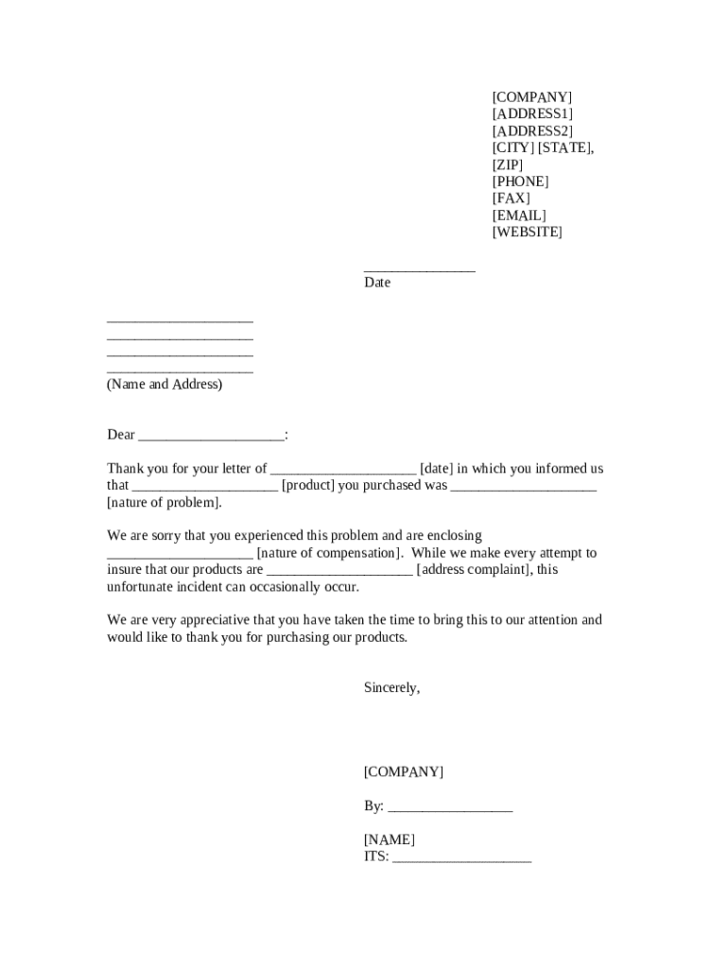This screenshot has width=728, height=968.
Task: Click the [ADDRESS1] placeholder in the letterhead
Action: [x=532, y=114]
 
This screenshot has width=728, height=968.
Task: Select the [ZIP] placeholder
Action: [x=507, y=164]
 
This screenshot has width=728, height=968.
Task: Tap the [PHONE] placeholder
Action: [x=520, y=181]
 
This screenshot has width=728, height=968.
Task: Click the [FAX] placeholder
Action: [x=511, y=199]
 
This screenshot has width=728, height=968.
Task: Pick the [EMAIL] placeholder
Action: [x=519, y=216]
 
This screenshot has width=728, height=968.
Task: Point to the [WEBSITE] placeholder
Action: [x=527, y=233]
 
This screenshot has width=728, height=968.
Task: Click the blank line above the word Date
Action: [x=420, y=269]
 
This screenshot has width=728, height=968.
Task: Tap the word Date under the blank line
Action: [x=377, y=283]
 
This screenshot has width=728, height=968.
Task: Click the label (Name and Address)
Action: [x=165, y=385]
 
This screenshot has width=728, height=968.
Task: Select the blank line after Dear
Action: [x=211, y=436]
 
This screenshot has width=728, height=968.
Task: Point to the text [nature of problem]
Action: [x=165, y=503]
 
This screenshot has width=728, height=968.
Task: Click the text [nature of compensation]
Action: [x=330, y=553]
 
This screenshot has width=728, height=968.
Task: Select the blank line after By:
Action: [x=450, y=807]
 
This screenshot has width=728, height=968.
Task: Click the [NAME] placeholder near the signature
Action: [x=390, y=840]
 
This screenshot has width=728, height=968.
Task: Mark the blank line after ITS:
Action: [x=461, y=858]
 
